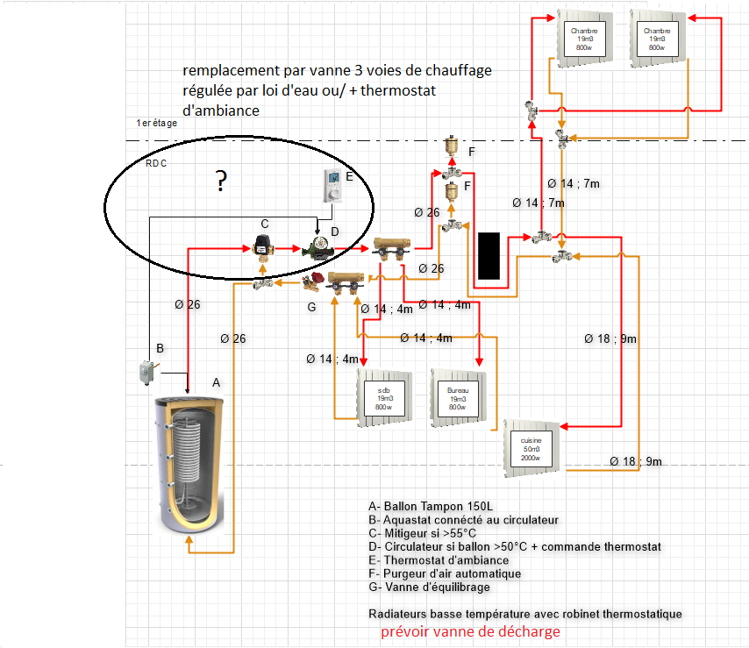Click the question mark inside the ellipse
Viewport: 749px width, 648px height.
tap(222, 182)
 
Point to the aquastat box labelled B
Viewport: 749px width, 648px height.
tap(140, 372)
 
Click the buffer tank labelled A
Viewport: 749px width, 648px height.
tap(190, 465)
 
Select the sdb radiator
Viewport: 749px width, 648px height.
tap(384, 398)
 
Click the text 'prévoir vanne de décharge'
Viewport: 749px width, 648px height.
tap(470, 631)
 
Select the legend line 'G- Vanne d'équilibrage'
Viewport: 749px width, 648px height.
tap(430, 587)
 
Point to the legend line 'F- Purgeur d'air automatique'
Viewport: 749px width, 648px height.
tap(445, 573)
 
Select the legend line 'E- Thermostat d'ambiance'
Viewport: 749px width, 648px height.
tap(439, 559)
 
